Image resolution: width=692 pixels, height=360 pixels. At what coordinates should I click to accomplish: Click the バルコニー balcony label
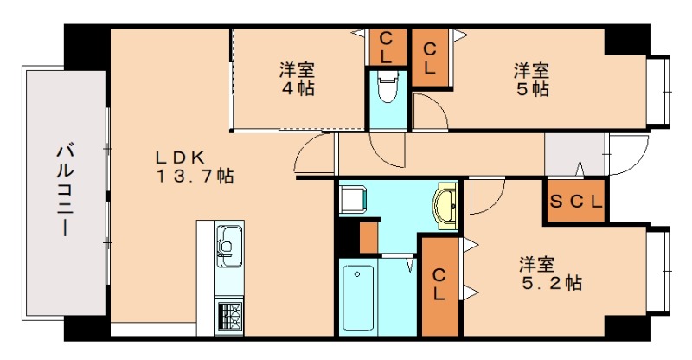(64, 192)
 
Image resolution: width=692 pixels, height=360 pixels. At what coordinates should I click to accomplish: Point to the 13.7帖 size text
(195, 177)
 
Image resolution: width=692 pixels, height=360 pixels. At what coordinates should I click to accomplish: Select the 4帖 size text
(297, 87)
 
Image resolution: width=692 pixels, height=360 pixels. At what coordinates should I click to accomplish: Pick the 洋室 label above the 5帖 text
(530, 70)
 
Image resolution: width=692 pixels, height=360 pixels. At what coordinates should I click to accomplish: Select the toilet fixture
(387, 87)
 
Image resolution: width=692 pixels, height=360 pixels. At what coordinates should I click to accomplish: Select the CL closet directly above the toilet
(387, 47)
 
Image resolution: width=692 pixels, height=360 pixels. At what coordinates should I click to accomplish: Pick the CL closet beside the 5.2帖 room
(440, 285)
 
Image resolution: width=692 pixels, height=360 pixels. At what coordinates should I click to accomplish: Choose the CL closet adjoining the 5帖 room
(429, 57)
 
